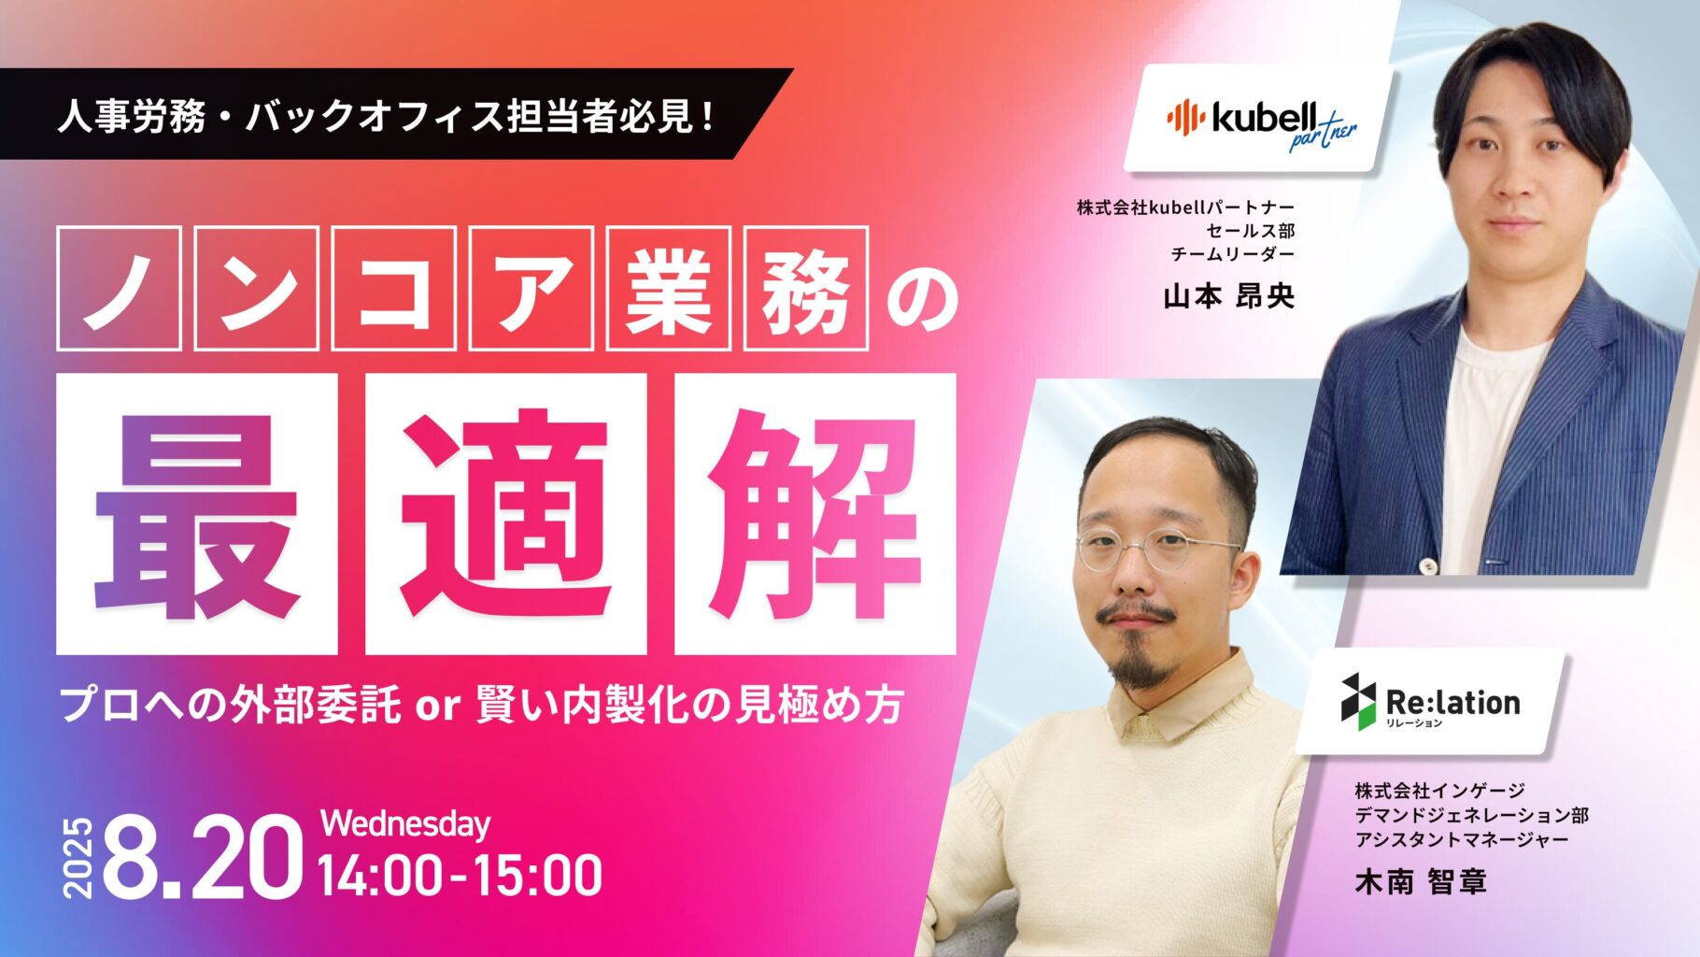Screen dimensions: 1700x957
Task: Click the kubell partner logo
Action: pyautogui.click(x=1261, y=122)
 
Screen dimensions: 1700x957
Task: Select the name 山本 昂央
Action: pyautogui.click(x=1229, y=296)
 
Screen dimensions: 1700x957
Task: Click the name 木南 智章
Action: pyautogui.click(x=1421, y=881)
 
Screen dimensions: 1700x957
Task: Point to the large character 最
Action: pyautogui.click(x=196, y=513)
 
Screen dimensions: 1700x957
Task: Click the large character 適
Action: pyautogui.click(x=505, y=513)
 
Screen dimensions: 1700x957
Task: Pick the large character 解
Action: pyautogui.click(x=815, y=513)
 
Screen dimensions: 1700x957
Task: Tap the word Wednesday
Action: pyautogui.click(x=405, y=823)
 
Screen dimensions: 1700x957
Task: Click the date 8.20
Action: pyautogui.click(x=203, y=858)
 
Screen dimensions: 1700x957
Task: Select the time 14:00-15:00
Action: pyautogui.click(x=460, y=876)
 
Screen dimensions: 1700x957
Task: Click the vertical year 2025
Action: pyautogui.click(x=78, y=858)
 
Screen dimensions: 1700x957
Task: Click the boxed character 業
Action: pyautogui.click(x=668, y=288)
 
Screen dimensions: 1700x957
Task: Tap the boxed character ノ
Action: pyautogui.click(x=119, y=288)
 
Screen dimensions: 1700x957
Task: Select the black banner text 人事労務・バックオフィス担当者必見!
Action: pyautogui.click(x=387, y=116)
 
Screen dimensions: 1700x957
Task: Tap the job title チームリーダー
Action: pyautogui.click(x=1233, y=253)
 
